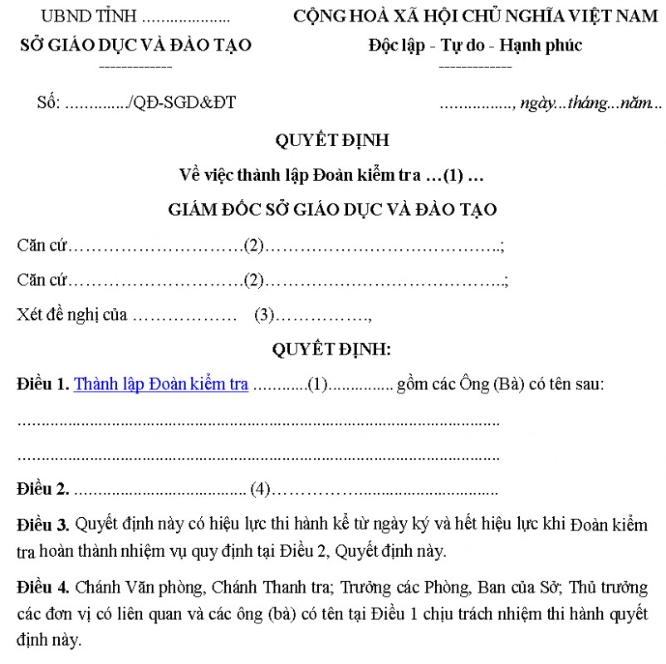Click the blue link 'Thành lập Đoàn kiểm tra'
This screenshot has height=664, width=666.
tap(161, 384)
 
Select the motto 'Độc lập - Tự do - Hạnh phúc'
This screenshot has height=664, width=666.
tap(475, 46)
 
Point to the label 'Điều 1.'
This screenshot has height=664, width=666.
tap(43, 384)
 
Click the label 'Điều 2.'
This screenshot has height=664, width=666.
tap(43, 489)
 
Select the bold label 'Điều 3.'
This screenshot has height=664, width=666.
tap(43, 525)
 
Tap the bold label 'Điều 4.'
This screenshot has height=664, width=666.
tap(43, 588)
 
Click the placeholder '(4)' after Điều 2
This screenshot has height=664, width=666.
tap(261, 489)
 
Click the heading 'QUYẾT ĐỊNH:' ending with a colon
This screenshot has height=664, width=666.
tap(332, 349)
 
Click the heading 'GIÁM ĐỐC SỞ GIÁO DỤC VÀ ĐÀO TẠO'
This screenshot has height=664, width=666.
tap(332, 210)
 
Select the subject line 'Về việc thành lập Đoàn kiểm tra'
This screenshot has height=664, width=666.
tap(299, 175)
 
